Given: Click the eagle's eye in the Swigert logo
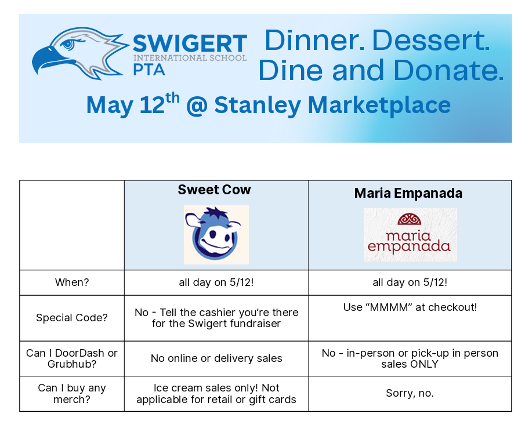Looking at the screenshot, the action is tap(68, 44).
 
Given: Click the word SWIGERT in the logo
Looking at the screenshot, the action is tap(190, 43).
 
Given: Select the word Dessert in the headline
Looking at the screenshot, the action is tap(430, 40).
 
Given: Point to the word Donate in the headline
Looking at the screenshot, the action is tap(448, 70).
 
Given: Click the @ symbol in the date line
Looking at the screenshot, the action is tap(197, 106).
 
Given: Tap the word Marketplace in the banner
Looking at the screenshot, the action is tap(379, 106).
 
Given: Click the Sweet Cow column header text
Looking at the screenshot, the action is tap(214, 190).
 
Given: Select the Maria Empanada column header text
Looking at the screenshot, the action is tap(408, 193).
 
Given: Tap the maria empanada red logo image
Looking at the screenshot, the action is tap(410, 234).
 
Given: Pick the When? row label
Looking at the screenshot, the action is tap(72, 282).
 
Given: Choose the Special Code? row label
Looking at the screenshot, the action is tap(72, 318).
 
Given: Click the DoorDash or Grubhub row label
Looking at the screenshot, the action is tap(72, 358).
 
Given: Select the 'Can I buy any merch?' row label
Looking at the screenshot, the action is tap(72, 394).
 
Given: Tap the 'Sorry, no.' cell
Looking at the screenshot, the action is tap(410, 393).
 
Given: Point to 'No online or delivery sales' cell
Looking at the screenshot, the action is tap(216, 358).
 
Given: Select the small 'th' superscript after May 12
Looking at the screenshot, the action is tap(172, 98).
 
